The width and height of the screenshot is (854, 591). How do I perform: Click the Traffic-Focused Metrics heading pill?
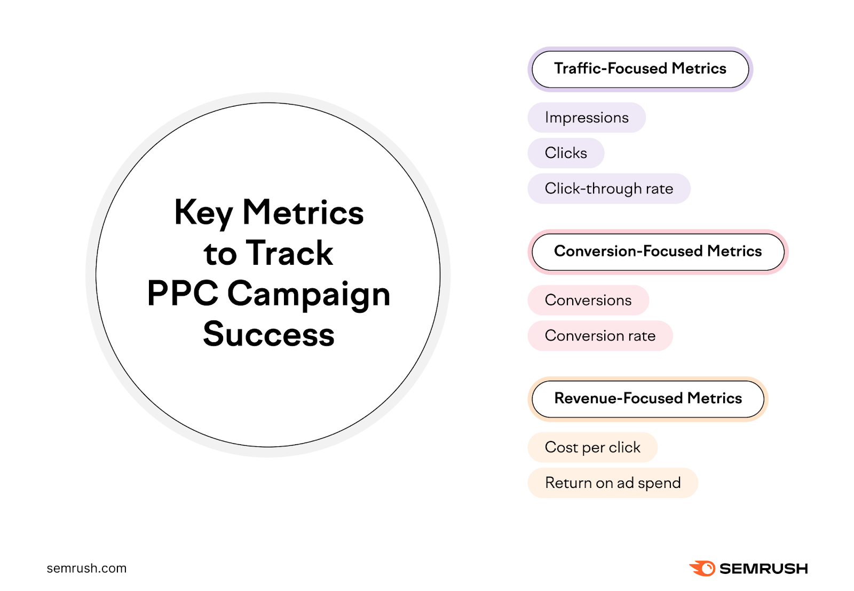[x=640, y=69]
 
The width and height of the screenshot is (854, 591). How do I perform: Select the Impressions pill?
[x=587, y=117]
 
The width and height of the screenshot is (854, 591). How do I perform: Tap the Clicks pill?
[x=566, y=153]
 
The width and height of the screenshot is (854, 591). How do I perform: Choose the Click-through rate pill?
[x=609, y=188]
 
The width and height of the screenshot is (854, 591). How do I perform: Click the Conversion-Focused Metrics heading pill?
[x=658, y=251]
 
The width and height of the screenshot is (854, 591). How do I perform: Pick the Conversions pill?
[x=588, y=300]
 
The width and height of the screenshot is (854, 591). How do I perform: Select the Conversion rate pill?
[x=600, y=336]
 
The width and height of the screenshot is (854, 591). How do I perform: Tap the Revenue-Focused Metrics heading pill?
[x=648, y=399]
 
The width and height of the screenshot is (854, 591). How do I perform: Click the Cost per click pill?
[x=592, y=447]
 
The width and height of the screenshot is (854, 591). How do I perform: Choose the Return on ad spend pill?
[x=613, y=483]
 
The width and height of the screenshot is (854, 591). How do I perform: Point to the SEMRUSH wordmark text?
[x=764, y=569]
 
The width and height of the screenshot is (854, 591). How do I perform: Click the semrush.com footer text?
[x=86, y=569]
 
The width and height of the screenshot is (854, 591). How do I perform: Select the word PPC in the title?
[x=183, y=294]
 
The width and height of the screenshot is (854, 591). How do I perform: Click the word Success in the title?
[x=268, y=335]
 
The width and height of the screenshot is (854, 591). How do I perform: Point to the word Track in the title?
[x=290, y=253]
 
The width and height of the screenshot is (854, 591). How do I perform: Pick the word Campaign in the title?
[x=309, y=295]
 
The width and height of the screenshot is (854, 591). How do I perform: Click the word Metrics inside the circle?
[x=303, y=212]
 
